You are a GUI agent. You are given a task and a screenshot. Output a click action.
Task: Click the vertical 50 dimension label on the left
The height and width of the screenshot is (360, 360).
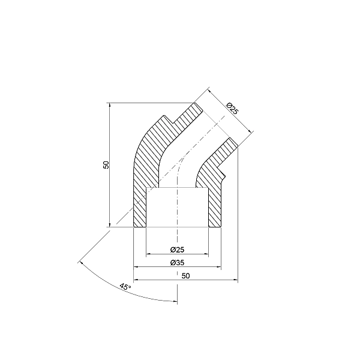pyautogui.click(x=106, y=164)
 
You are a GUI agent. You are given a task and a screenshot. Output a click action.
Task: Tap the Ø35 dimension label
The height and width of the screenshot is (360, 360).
pyautogui.click(x=177, y=263)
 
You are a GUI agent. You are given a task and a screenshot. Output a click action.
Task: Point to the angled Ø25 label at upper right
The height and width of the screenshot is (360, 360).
pyautogui.click(x=232, y=109)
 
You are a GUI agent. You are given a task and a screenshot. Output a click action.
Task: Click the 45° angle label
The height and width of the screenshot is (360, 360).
pyautogui.click(x=125, y=287)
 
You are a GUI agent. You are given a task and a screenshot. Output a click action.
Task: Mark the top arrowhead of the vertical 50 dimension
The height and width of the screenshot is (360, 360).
pyautogui.click(x=110, y=104)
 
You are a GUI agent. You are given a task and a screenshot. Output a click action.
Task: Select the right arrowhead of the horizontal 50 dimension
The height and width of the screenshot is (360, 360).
pyautogui.click(x=236, y=280)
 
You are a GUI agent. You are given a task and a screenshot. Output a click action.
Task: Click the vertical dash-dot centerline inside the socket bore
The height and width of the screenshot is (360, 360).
pyautogui.click(x=178, y=210)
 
